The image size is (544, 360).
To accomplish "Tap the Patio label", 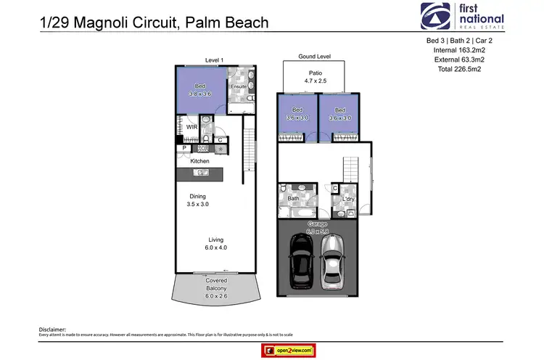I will pos(315,73).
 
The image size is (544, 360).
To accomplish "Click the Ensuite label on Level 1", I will pos(238,87).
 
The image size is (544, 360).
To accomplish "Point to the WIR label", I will pos(192,127).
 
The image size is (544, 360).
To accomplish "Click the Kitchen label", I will pos(200,161).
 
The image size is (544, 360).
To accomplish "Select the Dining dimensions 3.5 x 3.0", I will pos(198,205).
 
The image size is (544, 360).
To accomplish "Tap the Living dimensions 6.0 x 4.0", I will pos(216,247).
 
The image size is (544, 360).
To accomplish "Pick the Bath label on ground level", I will pos(294,197).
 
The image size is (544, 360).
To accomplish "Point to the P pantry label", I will pos(185,148).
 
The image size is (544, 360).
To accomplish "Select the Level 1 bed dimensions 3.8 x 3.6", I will pos(199,94).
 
